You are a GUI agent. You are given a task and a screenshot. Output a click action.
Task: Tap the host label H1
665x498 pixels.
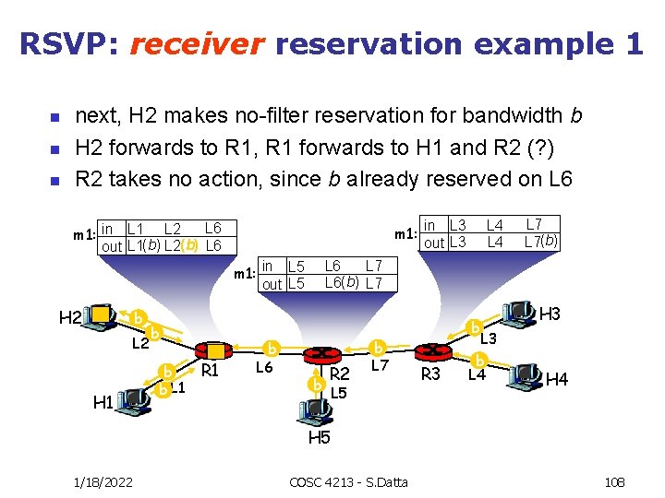104,403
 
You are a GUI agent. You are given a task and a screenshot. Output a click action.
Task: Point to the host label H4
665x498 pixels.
557,379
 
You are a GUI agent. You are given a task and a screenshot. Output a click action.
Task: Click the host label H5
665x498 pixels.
319,437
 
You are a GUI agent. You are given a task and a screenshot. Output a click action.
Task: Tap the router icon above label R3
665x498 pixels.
430,351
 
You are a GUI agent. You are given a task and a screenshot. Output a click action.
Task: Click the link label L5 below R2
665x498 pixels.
338,392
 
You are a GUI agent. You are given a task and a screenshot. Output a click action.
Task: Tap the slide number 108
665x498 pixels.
614,481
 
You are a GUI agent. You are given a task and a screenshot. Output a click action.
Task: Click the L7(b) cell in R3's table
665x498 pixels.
539,242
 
